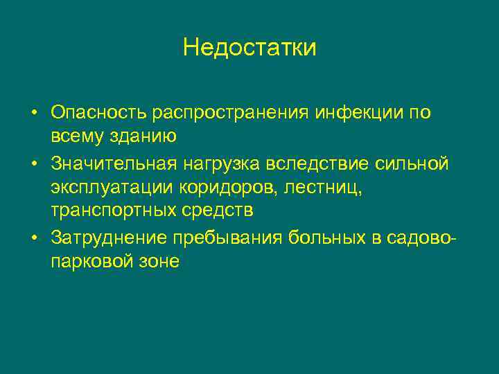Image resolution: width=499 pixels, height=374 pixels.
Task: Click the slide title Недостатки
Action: click(x=249, y=47)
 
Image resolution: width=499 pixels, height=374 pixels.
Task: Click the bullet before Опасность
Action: click(x=33, y=113)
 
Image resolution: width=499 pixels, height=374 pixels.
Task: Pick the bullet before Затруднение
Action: click(x=33, y=238)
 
